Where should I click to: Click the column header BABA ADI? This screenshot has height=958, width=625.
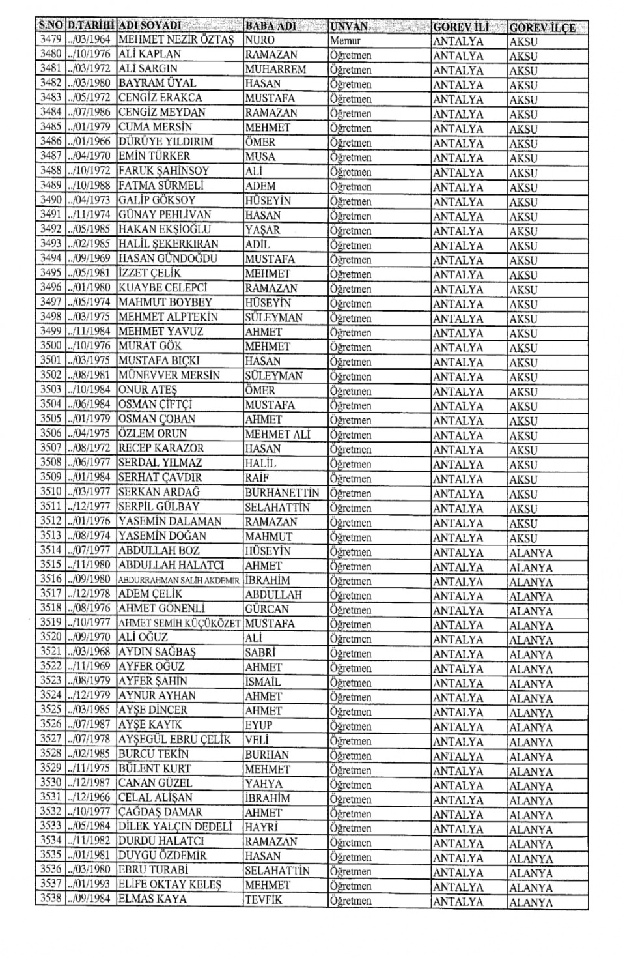point(270,26)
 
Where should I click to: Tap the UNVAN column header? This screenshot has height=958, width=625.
point(349,27)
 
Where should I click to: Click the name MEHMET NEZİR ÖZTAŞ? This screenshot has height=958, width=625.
point(175,40)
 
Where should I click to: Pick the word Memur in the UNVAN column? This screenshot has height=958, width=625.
point(344,40)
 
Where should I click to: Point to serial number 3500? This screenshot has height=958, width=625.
point(51,346)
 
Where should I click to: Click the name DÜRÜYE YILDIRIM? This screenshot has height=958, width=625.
point(165,141)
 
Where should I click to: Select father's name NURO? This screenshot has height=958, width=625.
point(260,40)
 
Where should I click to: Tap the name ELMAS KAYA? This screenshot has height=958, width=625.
point(152,899)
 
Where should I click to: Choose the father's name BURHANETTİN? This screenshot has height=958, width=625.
point(283,493)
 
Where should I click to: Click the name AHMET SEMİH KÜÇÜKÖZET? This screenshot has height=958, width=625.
point(179,623)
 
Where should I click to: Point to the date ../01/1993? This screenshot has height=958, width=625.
point(89,884)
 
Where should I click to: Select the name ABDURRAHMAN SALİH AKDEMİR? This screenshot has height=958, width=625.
point(179,580)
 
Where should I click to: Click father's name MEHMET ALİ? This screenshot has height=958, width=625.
point(277,434)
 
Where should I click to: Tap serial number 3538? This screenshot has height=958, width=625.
point(51,899)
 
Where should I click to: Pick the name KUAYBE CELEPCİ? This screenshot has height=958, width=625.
point(163,287)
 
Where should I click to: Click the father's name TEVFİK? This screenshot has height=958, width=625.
point(264,900)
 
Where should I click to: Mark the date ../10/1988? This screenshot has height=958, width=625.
point(89,185)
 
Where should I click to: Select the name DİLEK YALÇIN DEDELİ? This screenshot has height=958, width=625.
point(174,826)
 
